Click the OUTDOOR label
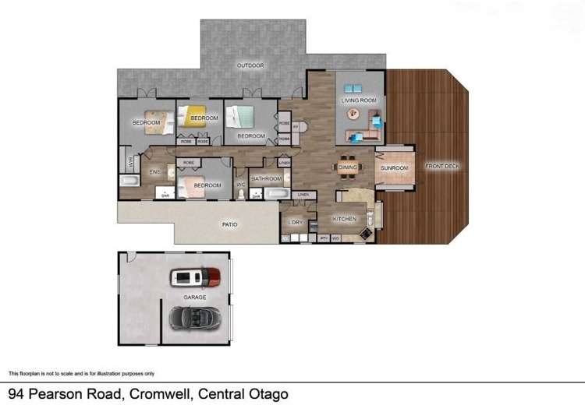pyautogui.click(x=250, y=65)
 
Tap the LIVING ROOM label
pyautogui.click(x=359, y=100)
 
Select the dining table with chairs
pyautogui.click(x=347, y=166)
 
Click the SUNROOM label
pyautogui.click(x=395, y=167)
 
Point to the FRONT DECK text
pyautogui.click(x=442, y=166)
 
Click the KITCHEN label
pyautogui.click(x=344, y=219)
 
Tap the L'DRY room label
pyautogui.click(x=295, y=223)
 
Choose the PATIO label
pyautogui.click(x=229, y=224)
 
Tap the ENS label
pyautogui.click(x=154, y=171)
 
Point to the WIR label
pyautogui.click(x=130, y=162)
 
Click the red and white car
pyautogui.click(x=195, y=276)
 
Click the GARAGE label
pyautogui.click(x=194, y=298)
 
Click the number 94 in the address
pyautogui.click(x=17, y=393)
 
